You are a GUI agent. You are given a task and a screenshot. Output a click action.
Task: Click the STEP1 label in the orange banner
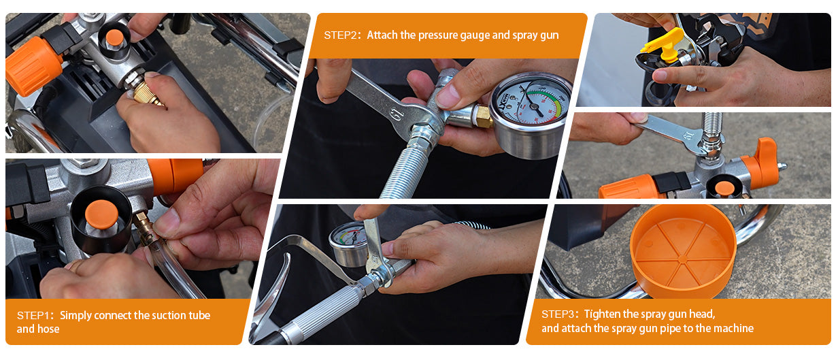click(33, 316)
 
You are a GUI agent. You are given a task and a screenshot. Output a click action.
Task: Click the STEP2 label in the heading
click(340, 35)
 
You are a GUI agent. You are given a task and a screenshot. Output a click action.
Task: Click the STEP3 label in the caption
click(558, 314)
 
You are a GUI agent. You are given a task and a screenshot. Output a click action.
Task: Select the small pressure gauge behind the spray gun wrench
click(348, 243)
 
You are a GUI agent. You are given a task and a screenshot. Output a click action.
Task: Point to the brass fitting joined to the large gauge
click(483, 117)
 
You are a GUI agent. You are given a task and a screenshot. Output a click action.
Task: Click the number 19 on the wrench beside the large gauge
click(397, 114)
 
